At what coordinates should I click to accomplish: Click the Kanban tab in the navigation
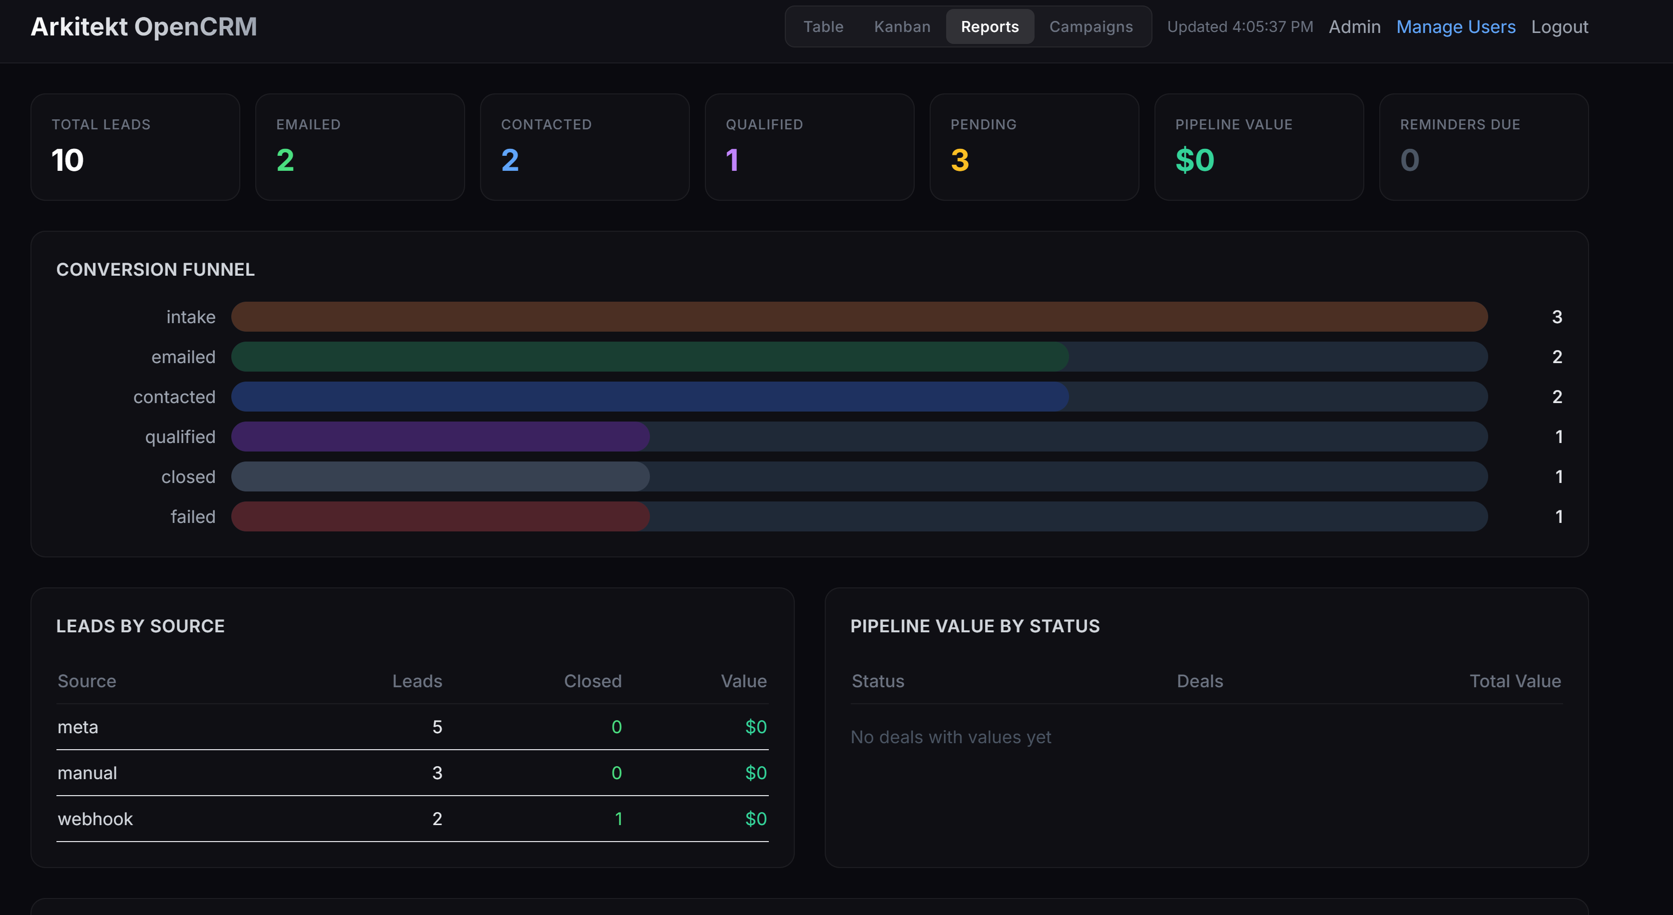pyautogui.click(x=902, y=26)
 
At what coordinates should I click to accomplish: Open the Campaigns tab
pyautogui.click(x=1091, y=26)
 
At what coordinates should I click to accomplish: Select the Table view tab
pyautogui.click(x=823, y=26)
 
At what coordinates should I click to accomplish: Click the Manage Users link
pyautogui.click(x=1455, y=26)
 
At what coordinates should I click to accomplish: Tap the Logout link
pyautogui.click(x=1559, y=26)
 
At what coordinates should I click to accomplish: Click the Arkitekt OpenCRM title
pyautogui.click(x=143, y=26)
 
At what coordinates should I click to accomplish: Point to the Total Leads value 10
pyautogui.click(x=67, y=160)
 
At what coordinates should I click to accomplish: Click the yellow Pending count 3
pyautogui.click(x=959, y=160)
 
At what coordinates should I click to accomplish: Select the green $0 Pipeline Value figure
pyautogui.click(x=1194, y=160)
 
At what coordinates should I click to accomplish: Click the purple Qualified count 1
pyautogui.click(x=732, y=160)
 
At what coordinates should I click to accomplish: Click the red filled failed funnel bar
pyautogui.click(x=440, y=517)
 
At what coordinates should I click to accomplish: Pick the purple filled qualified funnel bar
pyautogui.click(x=440, y=437)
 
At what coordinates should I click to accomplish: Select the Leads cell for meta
pyautogui.click(x=437, y=727)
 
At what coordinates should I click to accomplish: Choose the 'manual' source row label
pyautogui.click(x=87, y=773)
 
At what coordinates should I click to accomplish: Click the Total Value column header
pyautogui.click(x=1515, y=681)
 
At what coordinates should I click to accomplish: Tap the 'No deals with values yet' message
pyautogui.click(x=950, y=737)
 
